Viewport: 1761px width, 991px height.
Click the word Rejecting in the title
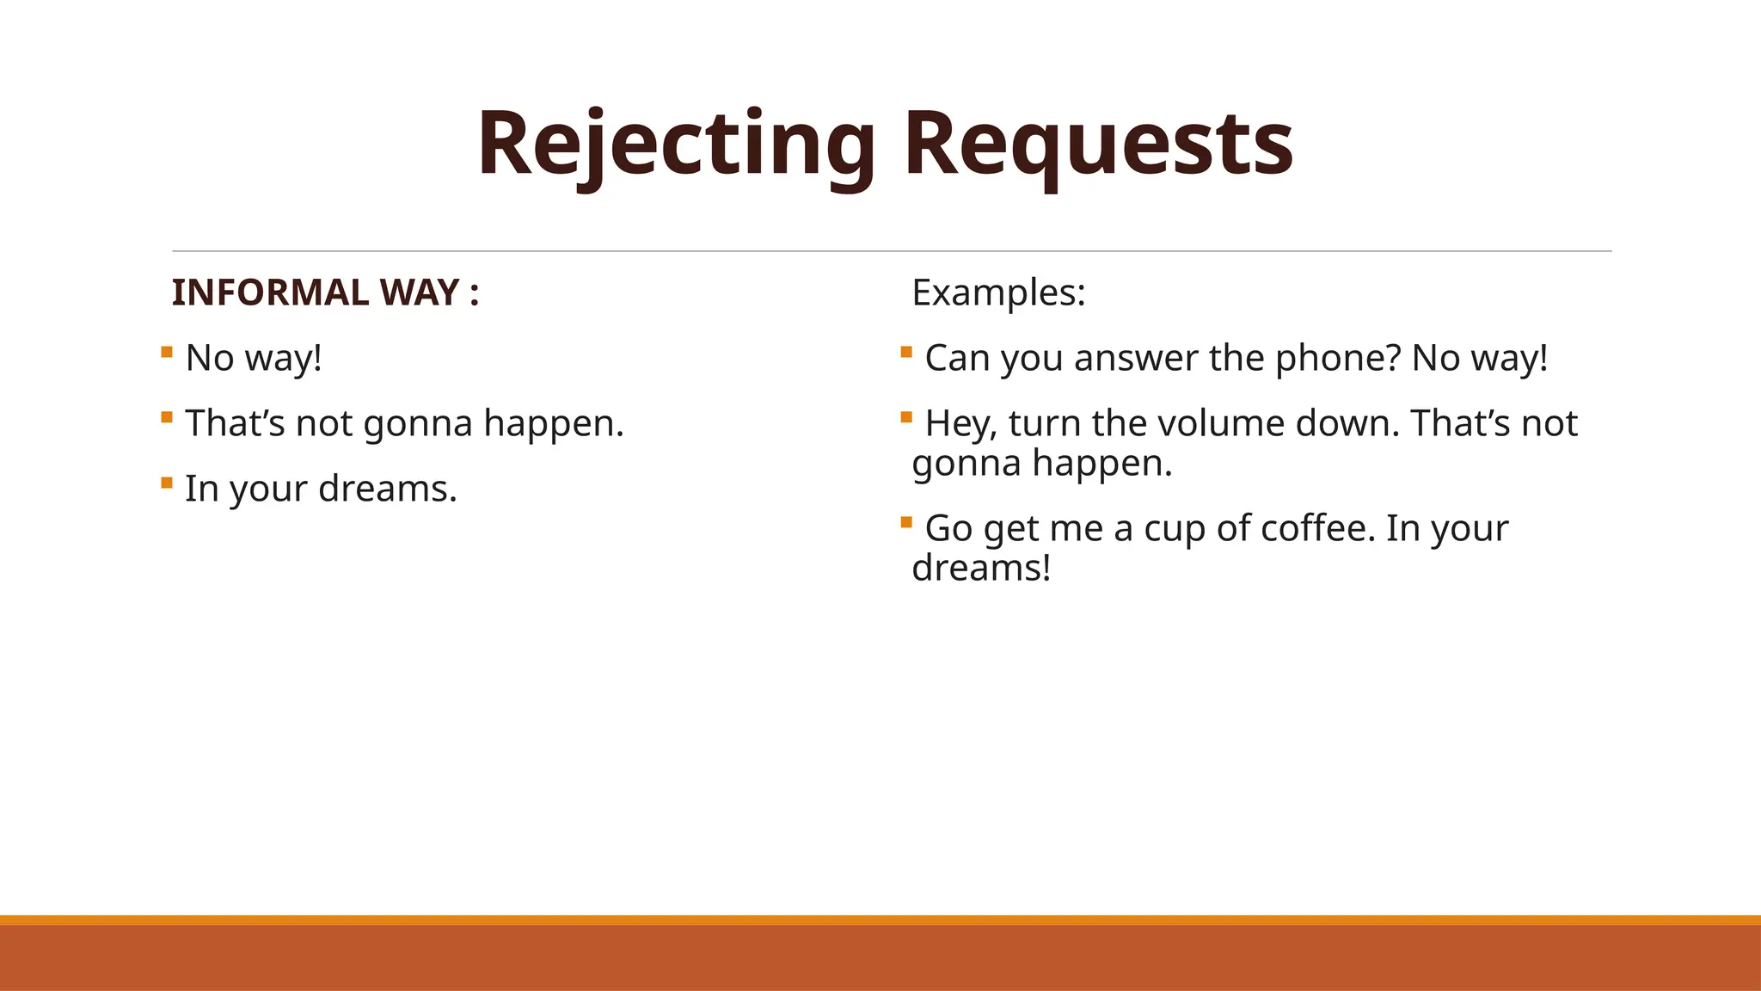pos(676,145)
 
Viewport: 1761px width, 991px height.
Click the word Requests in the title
pos(1098,145)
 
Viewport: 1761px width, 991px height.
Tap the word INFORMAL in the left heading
pos(270,292)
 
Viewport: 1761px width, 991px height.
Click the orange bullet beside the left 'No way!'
pos(167,352)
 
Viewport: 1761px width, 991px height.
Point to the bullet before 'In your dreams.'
pos(167,483)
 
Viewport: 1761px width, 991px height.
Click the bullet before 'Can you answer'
pos(906,352)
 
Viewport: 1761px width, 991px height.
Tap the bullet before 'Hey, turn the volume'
pos(906,417)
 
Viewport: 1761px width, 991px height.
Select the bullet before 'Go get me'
pos(906,522)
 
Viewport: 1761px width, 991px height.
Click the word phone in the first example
pos(1338,358)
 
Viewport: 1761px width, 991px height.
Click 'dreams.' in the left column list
pos(388,489)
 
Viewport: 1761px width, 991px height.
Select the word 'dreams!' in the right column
pos(981,568)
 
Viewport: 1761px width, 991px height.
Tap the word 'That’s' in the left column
pos(235,423)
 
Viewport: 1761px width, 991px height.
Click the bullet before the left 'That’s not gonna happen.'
pos(167,417)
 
